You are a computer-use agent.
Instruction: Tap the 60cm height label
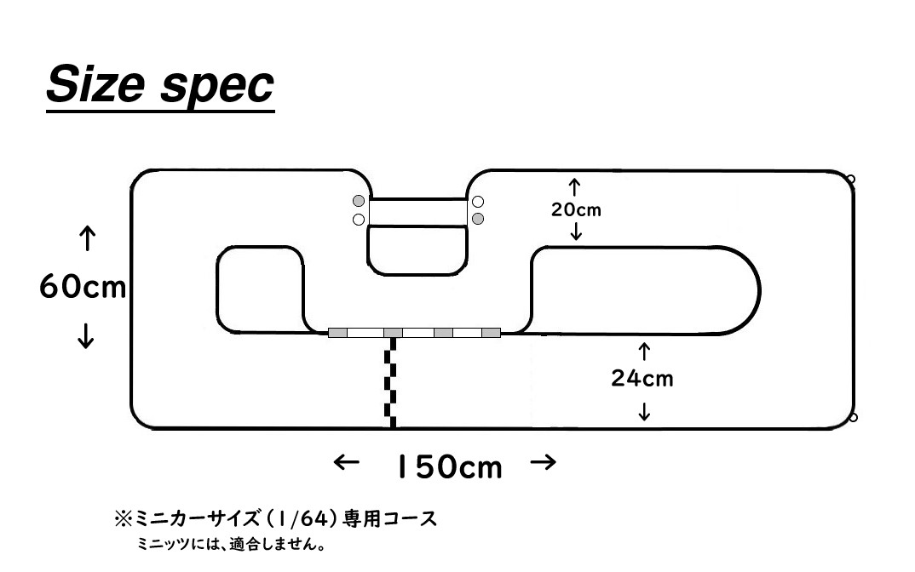83,288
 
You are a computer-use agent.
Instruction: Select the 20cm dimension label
575,209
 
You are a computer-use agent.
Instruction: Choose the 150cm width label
449,466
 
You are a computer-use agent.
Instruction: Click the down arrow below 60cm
85,338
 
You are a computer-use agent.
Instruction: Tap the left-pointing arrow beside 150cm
347,463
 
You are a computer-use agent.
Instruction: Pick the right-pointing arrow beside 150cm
544,463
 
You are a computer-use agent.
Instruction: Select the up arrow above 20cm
575,186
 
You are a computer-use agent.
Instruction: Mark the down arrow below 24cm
644,412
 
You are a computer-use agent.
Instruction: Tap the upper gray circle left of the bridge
359,202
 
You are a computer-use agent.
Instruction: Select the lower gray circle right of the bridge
478,219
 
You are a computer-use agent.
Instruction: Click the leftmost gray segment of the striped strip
337,332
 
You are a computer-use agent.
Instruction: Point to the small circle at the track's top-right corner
850,179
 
